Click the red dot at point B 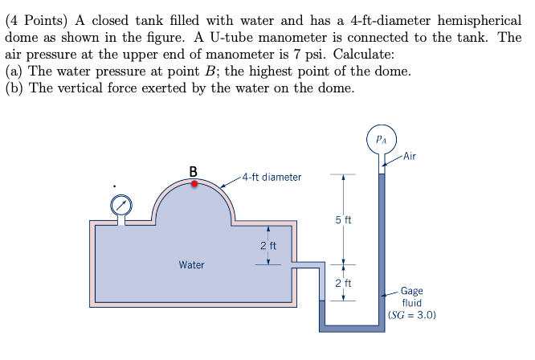tap(194, 183)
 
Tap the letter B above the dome tap(193, 170)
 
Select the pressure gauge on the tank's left tap(122, 205)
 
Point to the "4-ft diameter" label tap(272, 177)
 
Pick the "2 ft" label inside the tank tap(267, 245)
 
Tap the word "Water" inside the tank tap(191, 264)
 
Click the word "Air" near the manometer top tap(410, 155)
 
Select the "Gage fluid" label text tap(412, 297)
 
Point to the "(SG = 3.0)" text tap(411, 316)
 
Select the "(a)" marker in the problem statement tap(14, 72)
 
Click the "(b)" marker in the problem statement tap(14, 88)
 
